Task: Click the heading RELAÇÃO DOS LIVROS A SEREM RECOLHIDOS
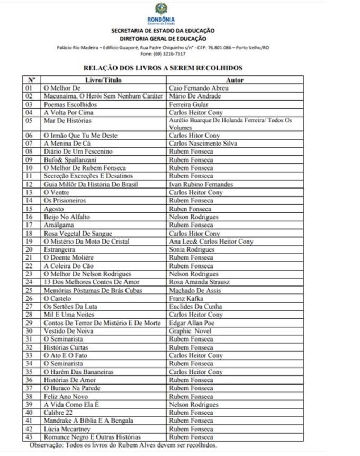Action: [163, 68]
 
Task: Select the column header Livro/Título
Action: [104, 80]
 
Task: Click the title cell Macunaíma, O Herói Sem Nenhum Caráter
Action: [103, 96]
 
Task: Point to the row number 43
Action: [30, 437]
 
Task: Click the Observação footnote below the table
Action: [123, 446]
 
